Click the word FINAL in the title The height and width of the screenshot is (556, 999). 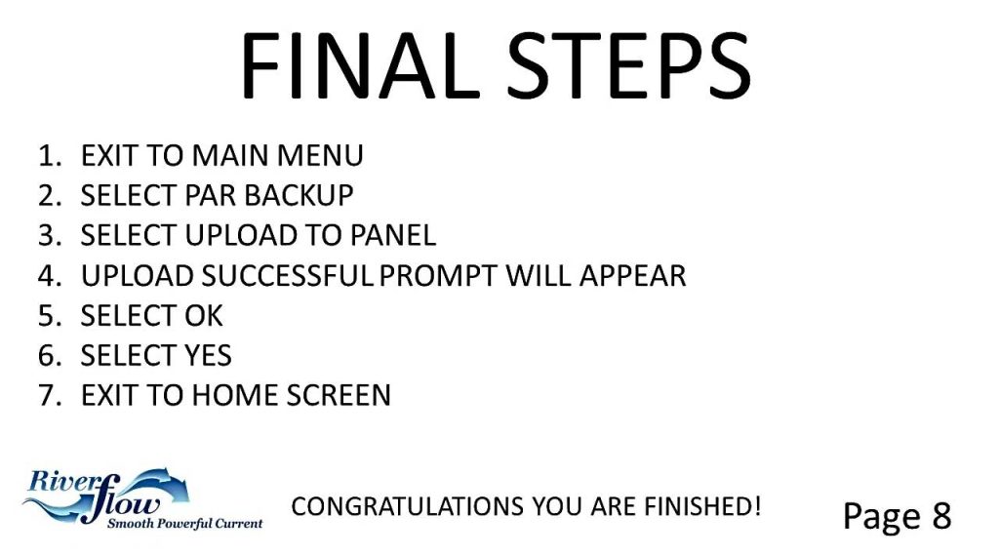359,66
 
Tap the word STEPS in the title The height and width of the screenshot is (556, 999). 628,66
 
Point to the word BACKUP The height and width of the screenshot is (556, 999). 299,195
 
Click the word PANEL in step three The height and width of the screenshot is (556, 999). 393,236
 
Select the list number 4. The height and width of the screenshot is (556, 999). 50,276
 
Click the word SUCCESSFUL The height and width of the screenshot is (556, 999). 287,276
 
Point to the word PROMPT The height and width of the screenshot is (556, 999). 438,276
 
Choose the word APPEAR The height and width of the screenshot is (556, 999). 632,276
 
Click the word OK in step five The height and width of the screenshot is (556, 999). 204,316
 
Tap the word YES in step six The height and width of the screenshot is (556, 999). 208,355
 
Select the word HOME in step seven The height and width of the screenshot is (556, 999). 234,395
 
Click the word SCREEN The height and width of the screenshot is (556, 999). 338,395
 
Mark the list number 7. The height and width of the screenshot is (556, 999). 50,395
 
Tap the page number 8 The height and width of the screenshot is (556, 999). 941,515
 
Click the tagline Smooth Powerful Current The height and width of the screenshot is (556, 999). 184,524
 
